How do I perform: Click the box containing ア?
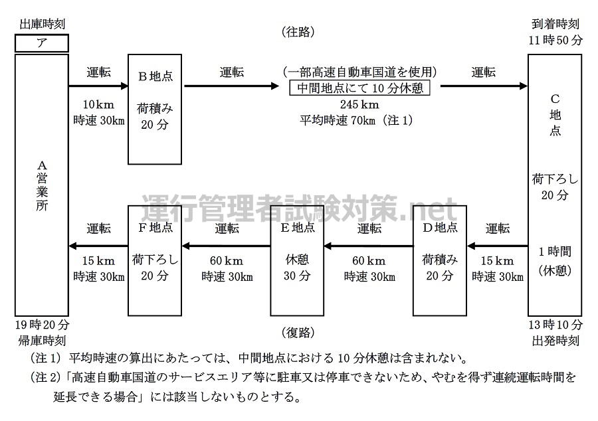click(x=41, y=43)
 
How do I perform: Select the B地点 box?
click(x=155, y=109)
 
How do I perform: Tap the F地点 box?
click(x=155, y=260)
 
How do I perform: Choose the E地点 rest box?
click(x=297, y=260)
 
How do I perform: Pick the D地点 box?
click(x=440, y=260)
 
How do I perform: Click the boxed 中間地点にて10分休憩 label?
click(x=359, y=88)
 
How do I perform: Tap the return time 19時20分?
click(x=41, y=325)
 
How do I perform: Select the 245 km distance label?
click(x=359, y=105)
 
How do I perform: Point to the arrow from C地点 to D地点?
click(x=498, y=246)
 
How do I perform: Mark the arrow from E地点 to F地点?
click(x=226, y=246)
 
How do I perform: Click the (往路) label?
click(x=298, y=32)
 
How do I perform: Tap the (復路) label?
click(x=297, y=332)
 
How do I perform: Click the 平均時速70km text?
click(x=339, y=120)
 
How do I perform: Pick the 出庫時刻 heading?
click(x=41, y=25)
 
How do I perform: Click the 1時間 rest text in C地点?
click(x=555, y=252)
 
